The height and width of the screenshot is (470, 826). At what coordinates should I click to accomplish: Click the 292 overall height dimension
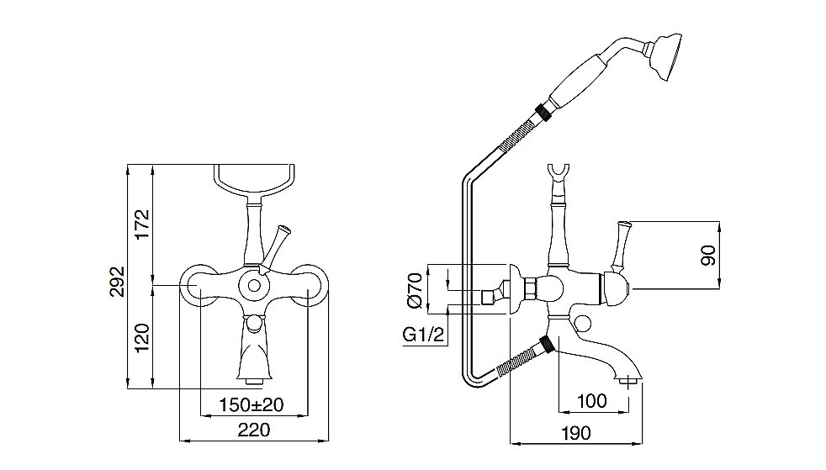pos(118,282)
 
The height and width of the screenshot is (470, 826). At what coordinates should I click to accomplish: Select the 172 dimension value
pos(142,224)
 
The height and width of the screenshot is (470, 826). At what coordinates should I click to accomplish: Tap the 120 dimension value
pos(142,338)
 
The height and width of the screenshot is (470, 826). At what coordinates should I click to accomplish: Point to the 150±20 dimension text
pos(252,404)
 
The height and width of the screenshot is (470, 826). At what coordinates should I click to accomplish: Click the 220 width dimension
pos(254,430)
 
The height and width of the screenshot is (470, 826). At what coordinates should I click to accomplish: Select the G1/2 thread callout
pos(424,335)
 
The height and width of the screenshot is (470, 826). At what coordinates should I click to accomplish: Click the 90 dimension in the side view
pos(709,256)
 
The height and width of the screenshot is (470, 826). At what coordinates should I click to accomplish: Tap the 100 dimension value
pos(592,401)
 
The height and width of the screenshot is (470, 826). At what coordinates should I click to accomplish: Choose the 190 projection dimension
pos(575,433)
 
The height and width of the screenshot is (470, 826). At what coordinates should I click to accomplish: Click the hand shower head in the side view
pos(665,56)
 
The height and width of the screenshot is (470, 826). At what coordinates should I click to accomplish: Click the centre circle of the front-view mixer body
pos(254,287)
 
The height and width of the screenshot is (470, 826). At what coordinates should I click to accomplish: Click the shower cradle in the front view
pos(254,182)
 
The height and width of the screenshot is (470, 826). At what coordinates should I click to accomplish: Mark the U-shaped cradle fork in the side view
pos(558,174)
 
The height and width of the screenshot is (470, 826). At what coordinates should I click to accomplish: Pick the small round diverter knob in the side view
pos(583,325)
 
